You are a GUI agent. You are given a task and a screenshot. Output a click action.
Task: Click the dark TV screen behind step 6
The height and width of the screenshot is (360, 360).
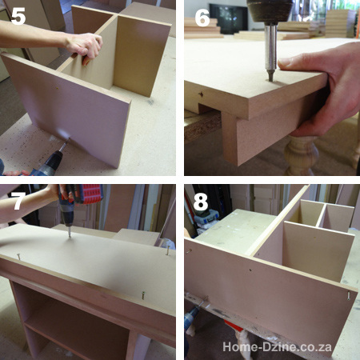227,17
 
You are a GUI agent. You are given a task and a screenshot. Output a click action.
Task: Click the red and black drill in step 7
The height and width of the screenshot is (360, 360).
80,200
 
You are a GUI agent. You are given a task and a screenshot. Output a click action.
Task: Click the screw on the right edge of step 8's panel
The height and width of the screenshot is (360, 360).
350,294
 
